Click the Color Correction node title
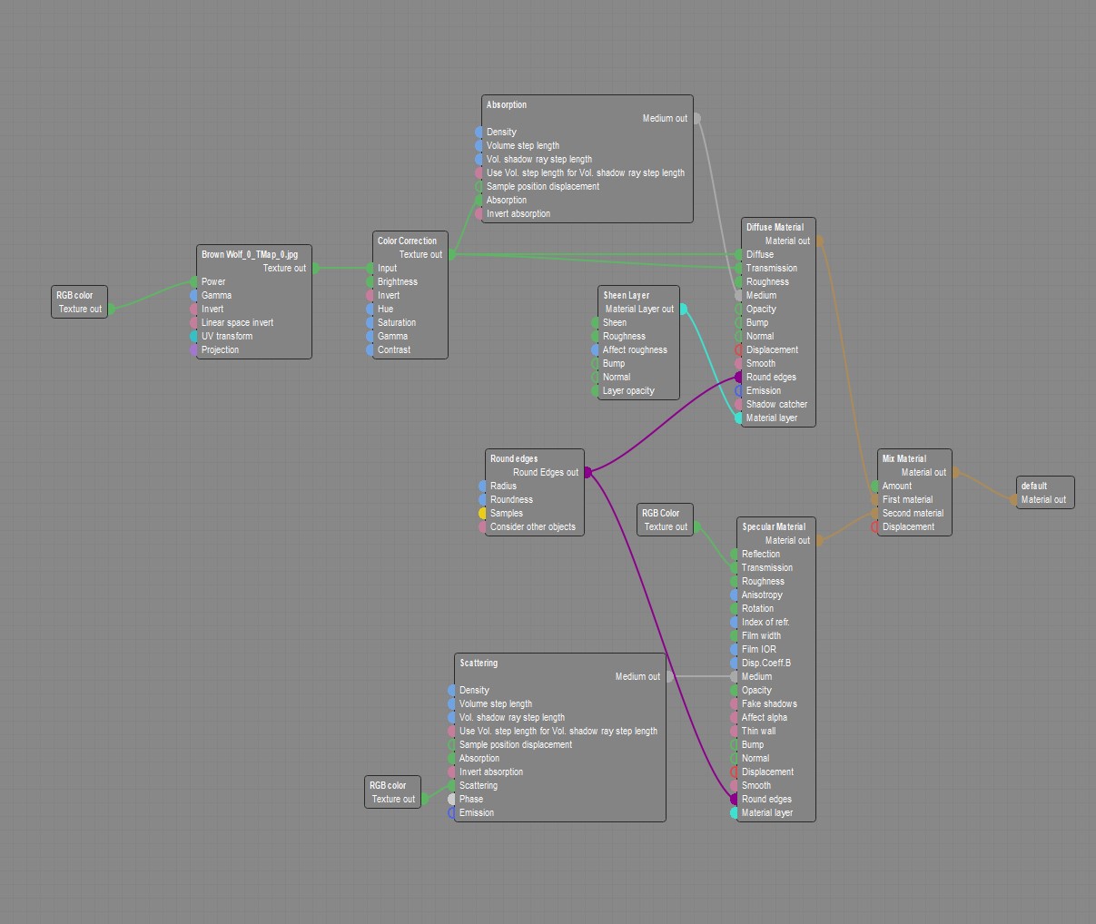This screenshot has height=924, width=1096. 407,241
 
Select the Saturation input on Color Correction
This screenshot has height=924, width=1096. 370,322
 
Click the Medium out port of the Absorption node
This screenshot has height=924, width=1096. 696,118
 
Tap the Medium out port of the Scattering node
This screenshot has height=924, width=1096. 669,676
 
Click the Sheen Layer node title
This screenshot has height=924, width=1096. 627,295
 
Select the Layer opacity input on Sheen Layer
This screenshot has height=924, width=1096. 596,390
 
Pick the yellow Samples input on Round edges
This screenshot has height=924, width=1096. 483,513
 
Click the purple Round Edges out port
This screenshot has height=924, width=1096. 587,472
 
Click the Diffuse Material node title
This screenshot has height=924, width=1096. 775,227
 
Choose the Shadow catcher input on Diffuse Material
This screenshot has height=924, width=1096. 739,404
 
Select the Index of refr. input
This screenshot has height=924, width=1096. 735,622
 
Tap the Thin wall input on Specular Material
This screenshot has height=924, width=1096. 735,731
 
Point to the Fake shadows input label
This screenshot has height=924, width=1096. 769,703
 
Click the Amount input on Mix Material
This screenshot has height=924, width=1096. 875,486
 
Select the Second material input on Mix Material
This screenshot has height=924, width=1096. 875,513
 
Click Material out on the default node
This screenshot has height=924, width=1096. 1015,499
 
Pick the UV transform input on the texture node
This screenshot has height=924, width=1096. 194,336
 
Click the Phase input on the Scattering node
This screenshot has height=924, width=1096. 452,799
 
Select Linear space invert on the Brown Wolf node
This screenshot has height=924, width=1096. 194,322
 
